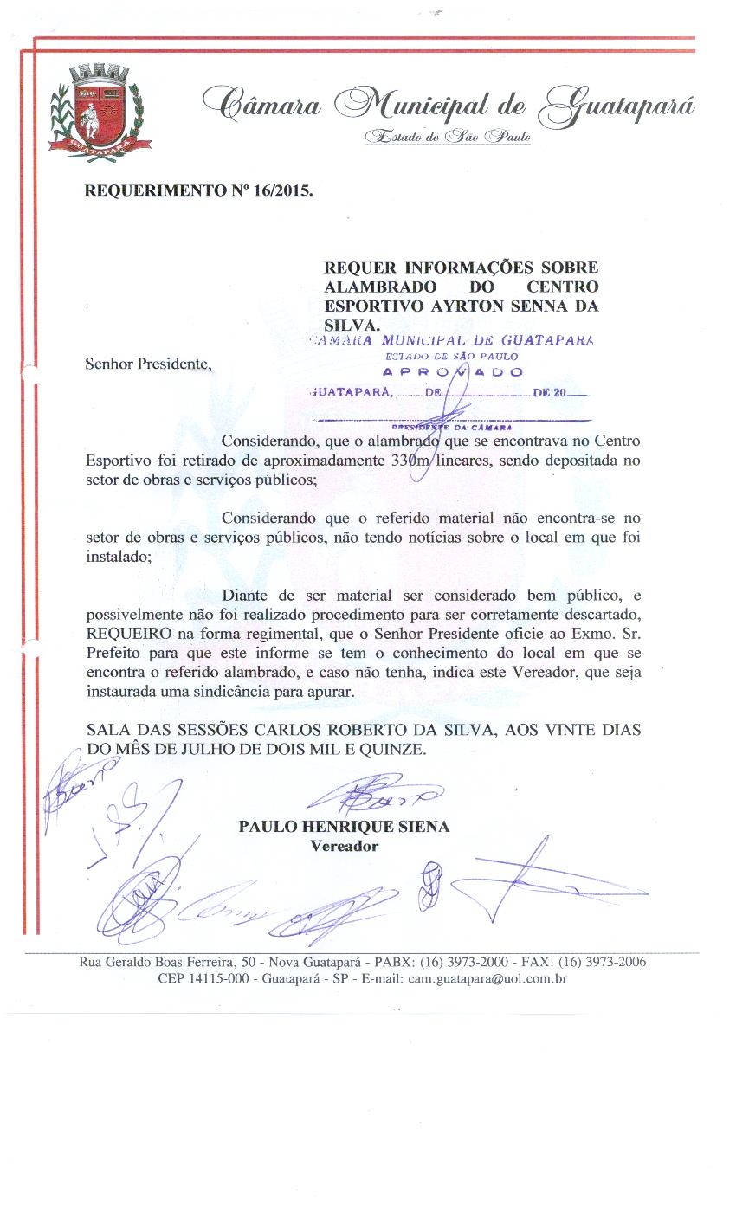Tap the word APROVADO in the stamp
point(453,372)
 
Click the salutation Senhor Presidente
point(147,364)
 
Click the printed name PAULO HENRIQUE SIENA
point(344,827)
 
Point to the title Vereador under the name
point(344,846)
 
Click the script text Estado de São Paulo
point(447,137)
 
